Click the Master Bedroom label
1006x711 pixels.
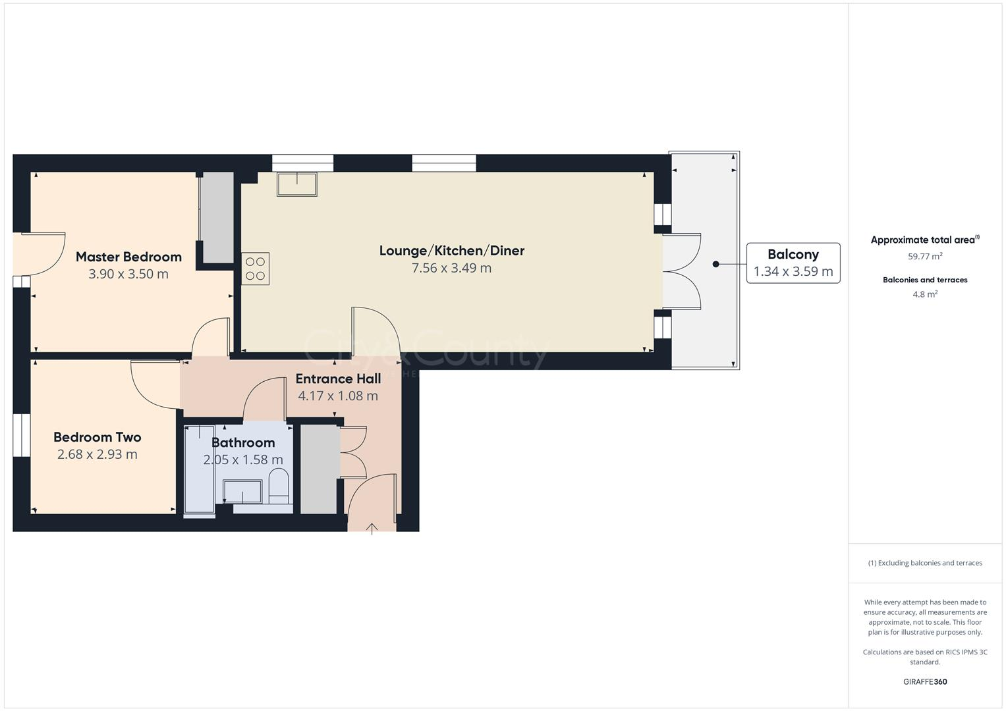pyautogui.click(x=128, y=257)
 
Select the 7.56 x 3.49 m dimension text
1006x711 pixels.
pyautogui.click(x=451, y=268)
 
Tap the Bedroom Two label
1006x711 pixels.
pyautogui.click(x=98, y=437)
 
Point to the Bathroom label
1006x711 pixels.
pyautogui.click(x=243, y=442)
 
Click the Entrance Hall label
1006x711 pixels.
pyautogui.click(x=338, y=379)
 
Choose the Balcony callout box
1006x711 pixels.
pyautogui.click(x=793, y=263)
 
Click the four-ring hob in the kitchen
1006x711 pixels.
pyautogui.click(x=256, y=269)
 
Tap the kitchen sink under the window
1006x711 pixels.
pyautogui.click(x=296, y=184)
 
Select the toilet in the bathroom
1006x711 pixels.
pyautogui.click(x=279, y=487)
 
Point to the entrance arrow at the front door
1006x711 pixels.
pyautogui.click(x=372, y=528)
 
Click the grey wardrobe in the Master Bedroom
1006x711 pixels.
pyautogui.click(x=217, y=217)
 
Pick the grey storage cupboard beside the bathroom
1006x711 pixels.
pyautogui.click(x=319, y=469)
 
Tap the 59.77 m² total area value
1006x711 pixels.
pyautogui.click(x=925, y=256)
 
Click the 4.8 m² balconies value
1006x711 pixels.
pyautogui.click(x=925, y=294)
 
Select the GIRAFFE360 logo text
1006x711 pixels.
pyautogui.click(x=925, y=681)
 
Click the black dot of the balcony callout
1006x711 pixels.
pyautogui.click(x=715, y=264)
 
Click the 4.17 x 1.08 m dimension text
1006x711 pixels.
pyautogui.click(x=338, y=396)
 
